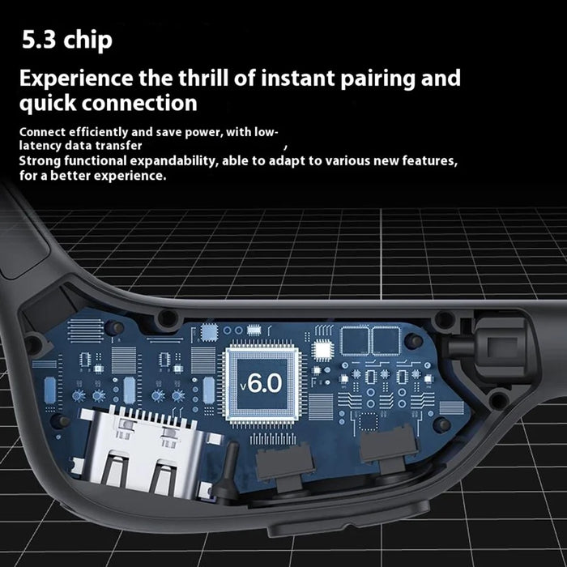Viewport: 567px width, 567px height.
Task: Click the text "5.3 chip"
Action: (x=67, y=40)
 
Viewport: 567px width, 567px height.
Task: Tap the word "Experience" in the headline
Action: (x=76, y=79)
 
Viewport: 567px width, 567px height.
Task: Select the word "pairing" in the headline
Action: (x=377, y=79)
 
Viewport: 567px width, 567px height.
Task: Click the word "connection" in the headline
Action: (x=139, y=103)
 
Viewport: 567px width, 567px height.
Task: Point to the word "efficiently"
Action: (x=98, y=132)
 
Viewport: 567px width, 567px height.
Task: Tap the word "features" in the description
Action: (x=430, y=160)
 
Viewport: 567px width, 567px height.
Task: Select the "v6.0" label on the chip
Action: (x=261, y=383)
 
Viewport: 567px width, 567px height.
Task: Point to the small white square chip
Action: (x=322, y=350)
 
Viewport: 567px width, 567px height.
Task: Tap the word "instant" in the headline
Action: (x=298, y=79)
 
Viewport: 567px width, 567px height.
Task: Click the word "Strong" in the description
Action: (x=40, y=161)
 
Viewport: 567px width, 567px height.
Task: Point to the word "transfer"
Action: (x=121, y=146)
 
